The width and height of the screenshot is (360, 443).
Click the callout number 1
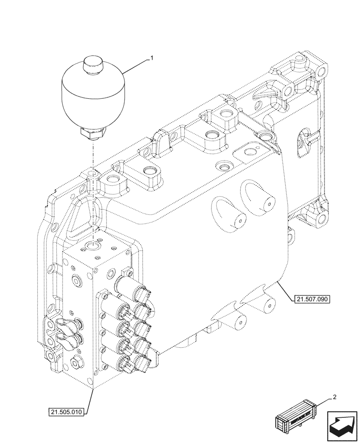[152, 58]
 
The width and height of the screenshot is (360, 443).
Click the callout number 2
[335, 397]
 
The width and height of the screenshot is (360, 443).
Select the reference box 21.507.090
[311, 299]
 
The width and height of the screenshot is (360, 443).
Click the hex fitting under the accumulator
[93, 132]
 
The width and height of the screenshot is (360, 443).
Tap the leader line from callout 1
[135, 65]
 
